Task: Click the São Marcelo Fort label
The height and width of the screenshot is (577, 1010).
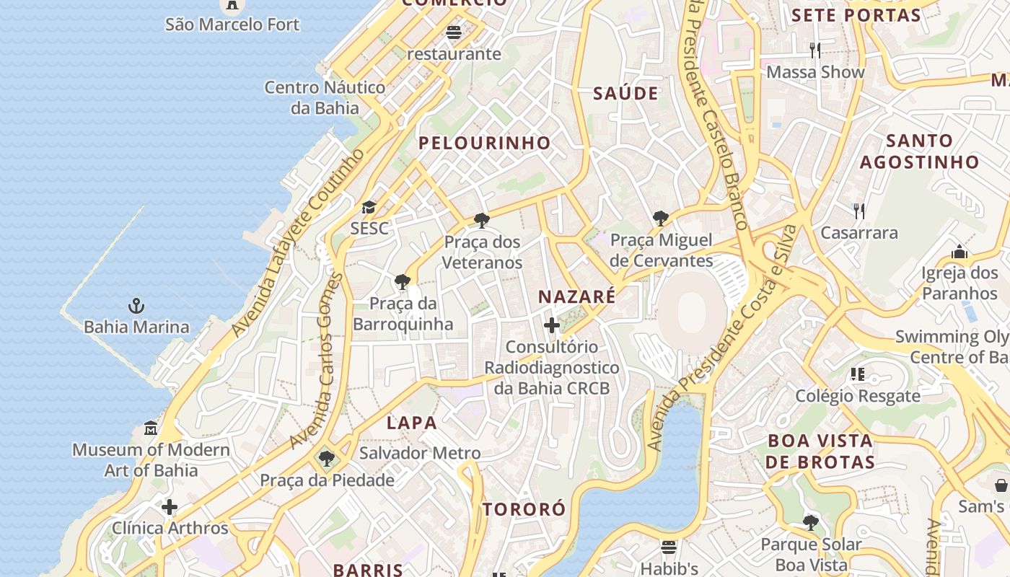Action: click(x=232, y=25)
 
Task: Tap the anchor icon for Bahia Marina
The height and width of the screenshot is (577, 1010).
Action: click(x=136, y=306)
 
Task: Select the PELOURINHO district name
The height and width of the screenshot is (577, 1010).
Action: click(x=485, y=143)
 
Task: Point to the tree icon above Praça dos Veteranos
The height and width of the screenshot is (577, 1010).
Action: click(x=482, y=221)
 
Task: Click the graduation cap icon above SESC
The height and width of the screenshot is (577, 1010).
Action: click(x=369, y=208)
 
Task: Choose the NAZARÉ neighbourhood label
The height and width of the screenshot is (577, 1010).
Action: click(x=577, y=296)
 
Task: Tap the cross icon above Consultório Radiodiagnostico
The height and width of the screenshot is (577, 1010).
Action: click(x=552, y=325)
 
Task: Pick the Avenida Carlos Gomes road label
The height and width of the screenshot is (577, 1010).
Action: click(x=317, y=361)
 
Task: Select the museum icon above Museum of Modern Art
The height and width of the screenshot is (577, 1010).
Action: click(x=151, y=428)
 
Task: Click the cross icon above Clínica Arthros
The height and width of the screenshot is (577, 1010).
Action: click(x=170, y=507)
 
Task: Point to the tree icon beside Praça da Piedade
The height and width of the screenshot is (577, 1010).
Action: click(x=327, y=458)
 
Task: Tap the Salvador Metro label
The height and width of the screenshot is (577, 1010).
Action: click(x=420, y=453)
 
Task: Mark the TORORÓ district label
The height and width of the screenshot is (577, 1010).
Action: click(x=524, y=509)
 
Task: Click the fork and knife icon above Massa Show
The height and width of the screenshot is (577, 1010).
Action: click(x=815, y=50)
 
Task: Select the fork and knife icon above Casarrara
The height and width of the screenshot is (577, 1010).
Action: click(x=858, y=211)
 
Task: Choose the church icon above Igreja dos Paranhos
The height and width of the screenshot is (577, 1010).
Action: click(x=959, y=252)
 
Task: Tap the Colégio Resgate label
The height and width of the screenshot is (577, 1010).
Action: click(x=858, y=396)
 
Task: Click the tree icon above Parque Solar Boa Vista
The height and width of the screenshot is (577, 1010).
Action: click(x=811, y=522)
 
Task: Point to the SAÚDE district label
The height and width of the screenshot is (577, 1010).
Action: click(x=625, y=93)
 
